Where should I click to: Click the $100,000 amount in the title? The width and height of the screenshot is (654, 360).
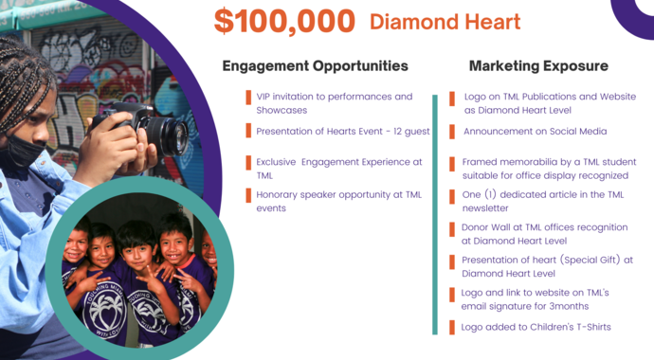click(x=284, y=21)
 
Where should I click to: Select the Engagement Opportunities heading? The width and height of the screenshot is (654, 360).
click(x=315, y=66)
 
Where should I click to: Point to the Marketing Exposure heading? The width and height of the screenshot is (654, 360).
click(x=538, y=66)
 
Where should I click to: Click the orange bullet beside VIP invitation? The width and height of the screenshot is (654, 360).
click(x=248, y=97)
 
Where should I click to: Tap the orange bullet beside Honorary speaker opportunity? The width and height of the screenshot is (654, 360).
click(x=248, y=195)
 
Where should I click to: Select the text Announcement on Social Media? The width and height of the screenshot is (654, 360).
click(x=535, y=132)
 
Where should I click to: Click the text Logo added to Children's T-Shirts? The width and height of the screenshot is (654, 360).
click(x=536, y=327)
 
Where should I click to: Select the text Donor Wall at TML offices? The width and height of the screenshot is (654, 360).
click(x=522, y=228)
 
